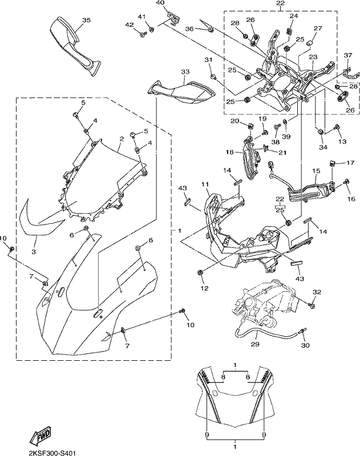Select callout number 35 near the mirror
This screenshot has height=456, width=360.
(86, 20)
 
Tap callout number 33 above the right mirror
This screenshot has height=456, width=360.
(185, 72)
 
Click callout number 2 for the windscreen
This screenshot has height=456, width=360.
(122, 139)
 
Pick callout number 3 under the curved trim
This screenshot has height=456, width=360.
(34, 251)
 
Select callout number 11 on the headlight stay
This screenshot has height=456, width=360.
(205, 184)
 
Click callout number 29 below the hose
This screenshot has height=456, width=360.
(256, 344)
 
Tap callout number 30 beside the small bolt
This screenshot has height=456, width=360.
(305, 345)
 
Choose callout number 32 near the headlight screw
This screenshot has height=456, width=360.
(317, 292)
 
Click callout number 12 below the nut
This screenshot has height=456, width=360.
(205, 288)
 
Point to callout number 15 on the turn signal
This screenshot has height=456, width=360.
(316, 170)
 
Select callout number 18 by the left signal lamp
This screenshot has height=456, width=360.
(229, 152)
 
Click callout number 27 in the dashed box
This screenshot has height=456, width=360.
(318, 28)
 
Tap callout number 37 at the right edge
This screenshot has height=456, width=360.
(348, 55)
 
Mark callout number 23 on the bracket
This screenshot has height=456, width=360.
(313, 58)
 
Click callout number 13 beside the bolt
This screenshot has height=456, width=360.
(342, 141)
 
